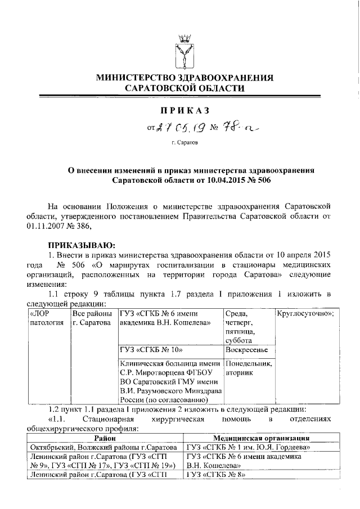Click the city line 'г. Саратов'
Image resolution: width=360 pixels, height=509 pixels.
click(184, 143)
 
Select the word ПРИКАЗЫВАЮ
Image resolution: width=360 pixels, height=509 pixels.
click(81, 245)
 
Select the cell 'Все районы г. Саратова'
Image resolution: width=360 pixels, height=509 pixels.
click(93, 318)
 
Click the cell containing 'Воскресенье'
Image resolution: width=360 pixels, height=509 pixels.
click(245, 349)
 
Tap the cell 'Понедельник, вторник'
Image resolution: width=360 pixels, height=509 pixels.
click(248, 367)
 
